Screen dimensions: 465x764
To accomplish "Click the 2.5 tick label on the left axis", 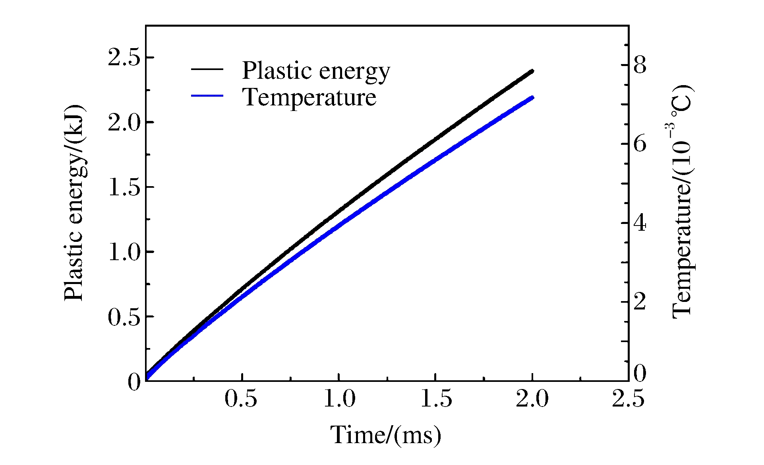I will (124, 58).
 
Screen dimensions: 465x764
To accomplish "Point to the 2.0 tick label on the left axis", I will (124, 123).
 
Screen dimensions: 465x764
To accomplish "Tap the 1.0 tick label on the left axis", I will (124, 253).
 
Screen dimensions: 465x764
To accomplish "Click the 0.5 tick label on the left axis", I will (124, 317).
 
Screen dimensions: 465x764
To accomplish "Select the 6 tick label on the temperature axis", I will (640, 144).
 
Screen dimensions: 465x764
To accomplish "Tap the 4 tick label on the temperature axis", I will (640, 223).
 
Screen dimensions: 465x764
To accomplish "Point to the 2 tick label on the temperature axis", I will (640, 302).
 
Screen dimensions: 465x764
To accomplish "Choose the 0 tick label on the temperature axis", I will (640, 374).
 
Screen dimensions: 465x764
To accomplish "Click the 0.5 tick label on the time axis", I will (241, 399).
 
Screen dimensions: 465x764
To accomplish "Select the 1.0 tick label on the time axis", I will (339, 399).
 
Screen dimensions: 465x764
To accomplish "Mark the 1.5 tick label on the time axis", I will (436, 399).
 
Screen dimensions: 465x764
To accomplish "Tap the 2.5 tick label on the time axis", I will (628, 399).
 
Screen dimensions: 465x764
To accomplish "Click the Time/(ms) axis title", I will (386, 435).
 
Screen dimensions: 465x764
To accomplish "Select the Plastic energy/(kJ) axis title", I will (74, 203).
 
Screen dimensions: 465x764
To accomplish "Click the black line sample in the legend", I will (207, 69).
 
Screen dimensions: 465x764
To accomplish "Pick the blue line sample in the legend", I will (207, 95).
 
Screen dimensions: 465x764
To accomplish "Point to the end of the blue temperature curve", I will (532, 97).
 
